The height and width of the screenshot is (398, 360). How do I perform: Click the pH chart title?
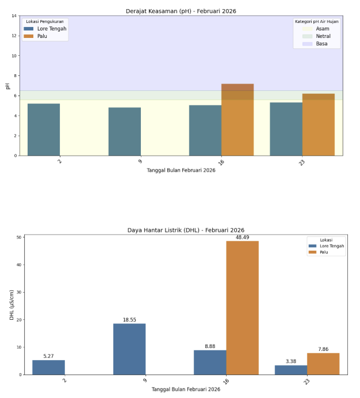tap(181, 11)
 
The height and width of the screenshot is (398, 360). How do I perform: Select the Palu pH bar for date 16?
tap(238, 120)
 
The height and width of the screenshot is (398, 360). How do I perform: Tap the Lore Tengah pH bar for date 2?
tap(44, 129)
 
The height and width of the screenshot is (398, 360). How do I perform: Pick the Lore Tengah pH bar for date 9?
tap(125, 131)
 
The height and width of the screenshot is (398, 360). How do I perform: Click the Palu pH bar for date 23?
tap(318, 124)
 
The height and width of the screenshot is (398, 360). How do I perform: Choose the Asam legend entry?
tap(322, 29)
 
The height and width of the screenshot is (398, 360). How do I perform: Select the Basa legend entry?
tap(321, 44)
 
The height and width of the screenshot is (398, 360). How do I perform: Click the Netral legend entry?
tap(323, 36)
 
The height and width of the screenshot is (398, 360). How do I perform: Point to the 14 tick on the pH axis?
tap(13, 16)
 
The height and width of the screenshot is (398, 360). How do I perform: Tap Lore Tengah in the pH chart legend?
tap(52, 29)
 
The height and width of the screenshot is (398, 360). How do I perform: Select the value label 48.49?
tap(242, 237)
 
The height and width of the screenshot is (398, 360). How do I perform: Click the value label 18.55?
tap(129, 320)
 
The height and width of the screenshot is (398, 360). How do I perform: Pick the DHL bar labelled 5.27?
tap(48, 367)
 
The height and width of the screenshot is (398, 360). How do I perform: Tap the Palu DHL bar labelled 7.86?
tap(323, 363)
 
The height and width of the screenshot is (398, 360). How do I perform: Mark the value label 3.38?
tap(290, 361)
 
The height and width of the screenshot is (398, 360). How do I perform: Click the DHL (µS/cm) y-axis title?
tap(12, 305)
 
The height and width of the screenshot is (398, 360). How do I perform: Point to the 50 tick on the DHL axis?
tap(19, 237)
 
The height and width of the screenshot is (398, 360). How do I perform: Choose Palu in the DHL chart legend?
tap(324, 252)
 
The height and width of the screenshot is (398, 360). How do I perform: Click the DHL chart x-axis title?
tap(186, 389)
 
